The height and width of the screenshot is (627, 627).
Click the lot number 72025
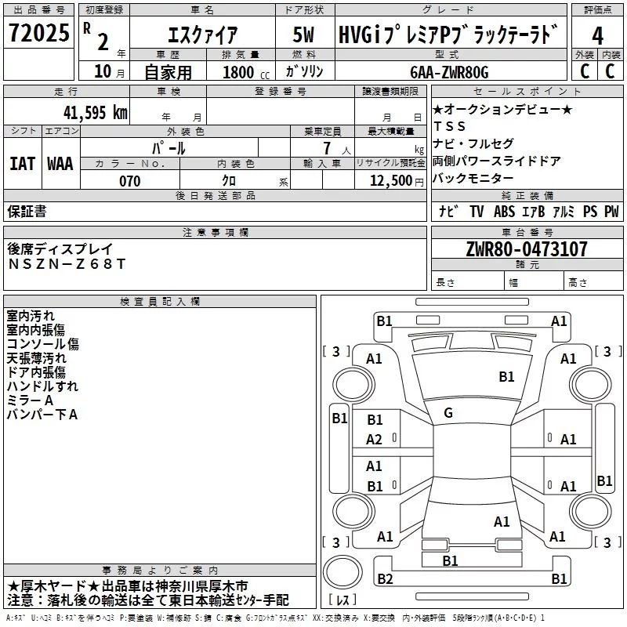(x=39, y=32)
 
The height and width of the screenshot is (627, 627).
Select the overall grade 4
(x=597, y=36)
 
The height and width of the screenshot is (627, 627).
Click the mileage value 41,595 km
(x=96, y=113)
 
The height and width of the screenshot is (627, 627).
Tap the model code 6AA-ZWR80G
(x=449, y=72)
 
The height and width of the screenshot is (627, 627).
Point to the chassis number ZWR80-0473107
(x=527, y=249)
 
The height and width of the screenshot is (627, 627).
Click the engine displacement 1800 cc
(x=246, y=72)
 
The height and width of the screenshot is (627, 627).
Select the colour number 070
(x=130, y=181)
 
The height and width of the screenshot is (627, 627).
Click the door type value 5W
(x=303, y=34)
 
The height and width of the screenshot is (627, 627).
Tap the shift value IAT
(x=23, y=164)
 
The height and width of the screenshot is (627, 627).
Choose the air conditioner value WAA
(x=60, y=164)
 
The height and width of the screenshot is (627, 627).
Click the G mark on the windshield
(x=448, y=413)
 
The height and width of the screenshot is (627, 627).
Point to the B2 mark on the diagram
(x=385, y=578)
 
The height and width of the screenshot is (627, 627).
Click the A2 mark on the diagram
(x=374, y=440)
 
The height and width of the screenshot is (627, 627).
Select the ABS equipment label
(x=504, y=212)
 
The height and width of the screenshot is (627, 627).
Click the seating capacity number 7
(x=327, y=148)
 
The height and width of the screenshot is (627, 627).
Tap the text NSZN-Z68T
(x=67, y=264)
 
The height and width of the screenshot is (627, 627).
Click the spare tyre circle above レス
(x=342, y=572)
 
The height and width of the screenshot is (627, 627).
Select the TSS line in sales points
(x=450, y=126)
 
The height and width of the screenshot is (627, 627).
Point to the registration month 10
(x=103, y=71)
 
